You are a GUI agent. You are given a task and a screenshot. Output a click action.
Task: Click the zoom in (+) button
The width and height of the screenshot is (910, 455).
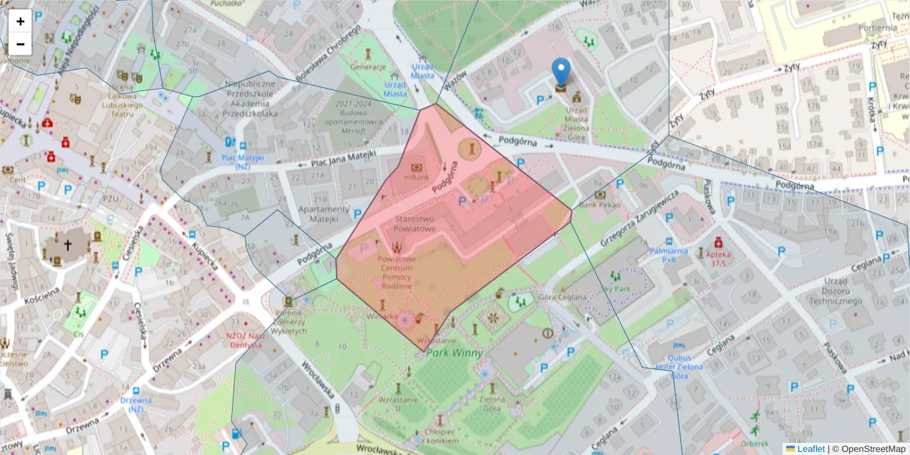[20, 21]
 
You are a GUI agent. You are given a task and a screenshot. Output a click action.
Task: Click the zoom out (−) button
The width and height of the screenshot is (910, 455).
[20, 44]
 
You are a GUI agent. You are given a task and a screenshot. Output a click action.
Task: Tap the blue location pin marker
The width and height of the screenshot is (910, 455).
[560, 73]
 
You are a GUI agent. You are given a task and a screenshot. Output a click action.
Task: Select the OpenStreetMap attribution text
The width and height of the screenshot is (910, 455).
[868, 448]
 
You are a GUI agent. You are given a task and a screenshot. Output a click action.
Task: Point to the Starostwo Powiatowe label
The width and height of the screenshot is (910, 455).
[415, 224]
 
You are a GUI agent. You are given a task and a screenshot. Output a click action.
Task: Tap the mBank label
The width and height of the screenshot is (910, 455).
[417, 177]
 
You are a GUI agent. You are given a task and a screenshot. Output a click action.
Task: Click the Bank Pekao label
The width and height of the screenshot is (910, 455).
[599, 205]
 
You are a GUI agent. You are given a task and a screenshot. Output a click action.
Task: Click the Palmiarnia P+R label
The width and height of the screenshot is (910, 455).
[669, 254]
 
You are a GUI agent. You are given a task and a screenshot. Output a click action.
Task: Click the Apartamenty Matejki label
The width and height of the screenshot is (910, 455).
[318, 215]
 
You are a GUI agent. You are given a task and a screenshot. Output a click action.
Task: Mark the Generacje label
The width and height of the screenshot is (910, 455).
[369, 66]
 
